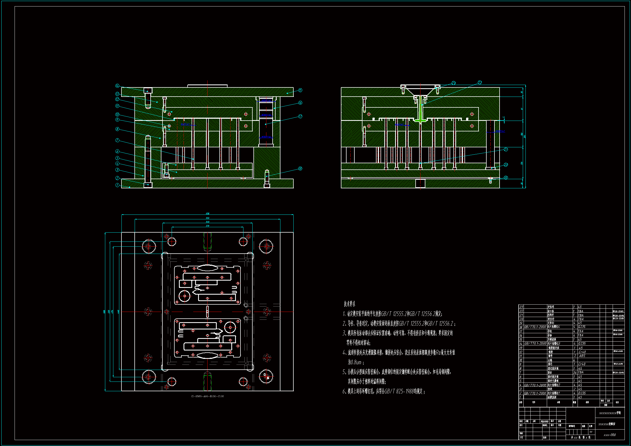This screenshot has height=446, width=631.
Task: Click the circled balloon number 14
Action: pos(117,86)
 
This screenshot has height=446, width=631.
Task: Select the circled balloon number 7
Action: pos(117,140)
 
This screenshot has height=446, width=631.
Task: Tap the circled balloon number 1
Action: pos(117,185)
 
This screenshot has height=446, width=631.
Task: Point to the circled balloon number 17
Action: pos(300,117)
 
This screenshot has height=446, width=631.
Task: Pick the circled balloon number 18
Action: pos(300,168)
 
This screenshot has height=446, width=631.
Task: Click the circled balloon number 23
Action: pos(453,83)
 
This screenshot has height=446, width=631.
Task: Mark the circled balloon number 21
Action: pos(506,149)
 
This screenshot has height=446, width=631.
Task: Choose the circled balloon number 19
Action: pos(506,178)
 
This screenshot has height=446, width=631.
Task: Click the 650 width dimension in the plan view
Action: pos(208,213)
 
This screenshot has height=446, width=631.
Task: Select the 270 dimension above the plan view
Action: pos(208,226)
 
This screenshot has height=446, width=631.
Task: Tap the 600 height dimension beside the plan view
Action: pos(104,312)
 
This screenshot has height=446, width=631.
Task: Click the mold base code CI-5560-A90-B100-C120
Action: pos(208,396)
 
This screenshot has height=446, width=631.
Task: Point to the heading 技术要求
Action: pos(349,304)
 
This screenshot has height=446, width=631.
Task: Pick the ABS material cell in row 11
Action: pos(582,356)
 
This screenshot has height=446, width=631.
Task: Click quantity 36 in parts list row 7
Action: pos(575,372)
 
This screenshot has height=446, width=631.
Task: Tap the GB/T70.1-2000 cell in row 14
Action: pos(535,343)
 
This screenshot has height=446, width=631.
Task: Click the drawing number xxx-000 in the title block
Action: pos(610,435)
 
